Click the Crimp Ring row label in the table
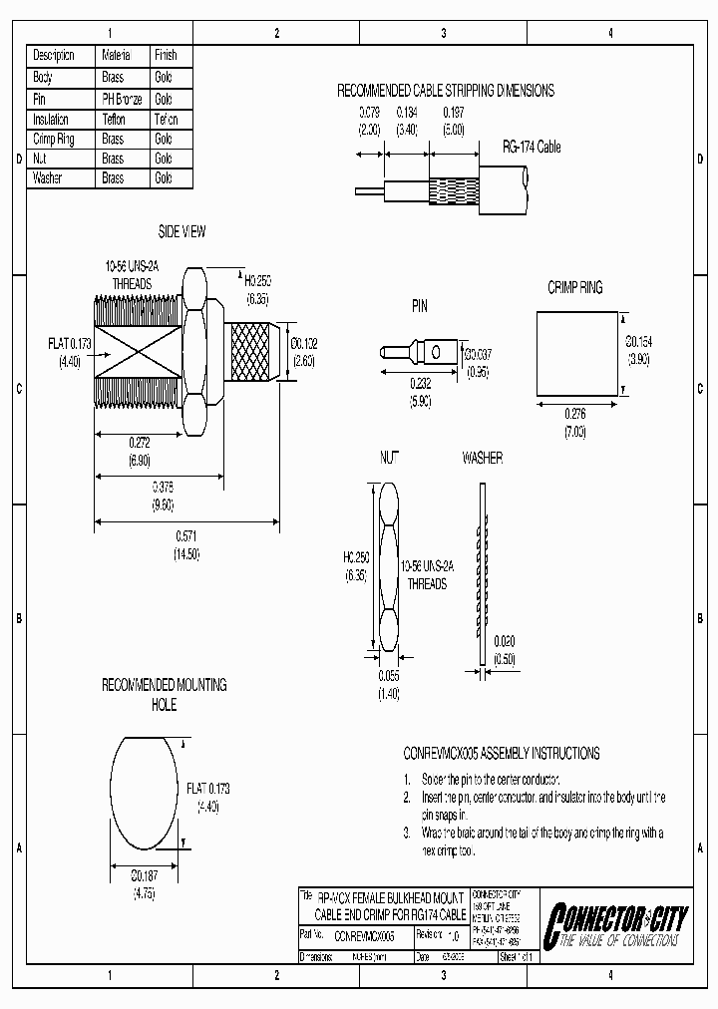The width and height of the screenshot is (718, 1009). point(54,139)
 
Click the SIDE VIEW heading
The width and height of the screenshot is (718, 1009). point(181,231)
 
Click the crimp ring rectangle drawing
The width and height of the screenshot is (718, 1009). point(578,352)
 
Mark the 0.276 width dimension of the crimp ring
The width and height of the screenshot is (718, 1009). point(574,414)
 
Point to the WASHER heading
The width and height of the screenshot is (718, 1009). point(482,458)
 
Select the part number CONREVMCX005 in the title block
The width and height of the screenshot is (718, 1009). point(365,936)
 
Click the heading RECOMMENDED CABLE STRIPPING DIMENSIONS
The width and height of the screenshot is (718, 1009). point(445,90)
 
